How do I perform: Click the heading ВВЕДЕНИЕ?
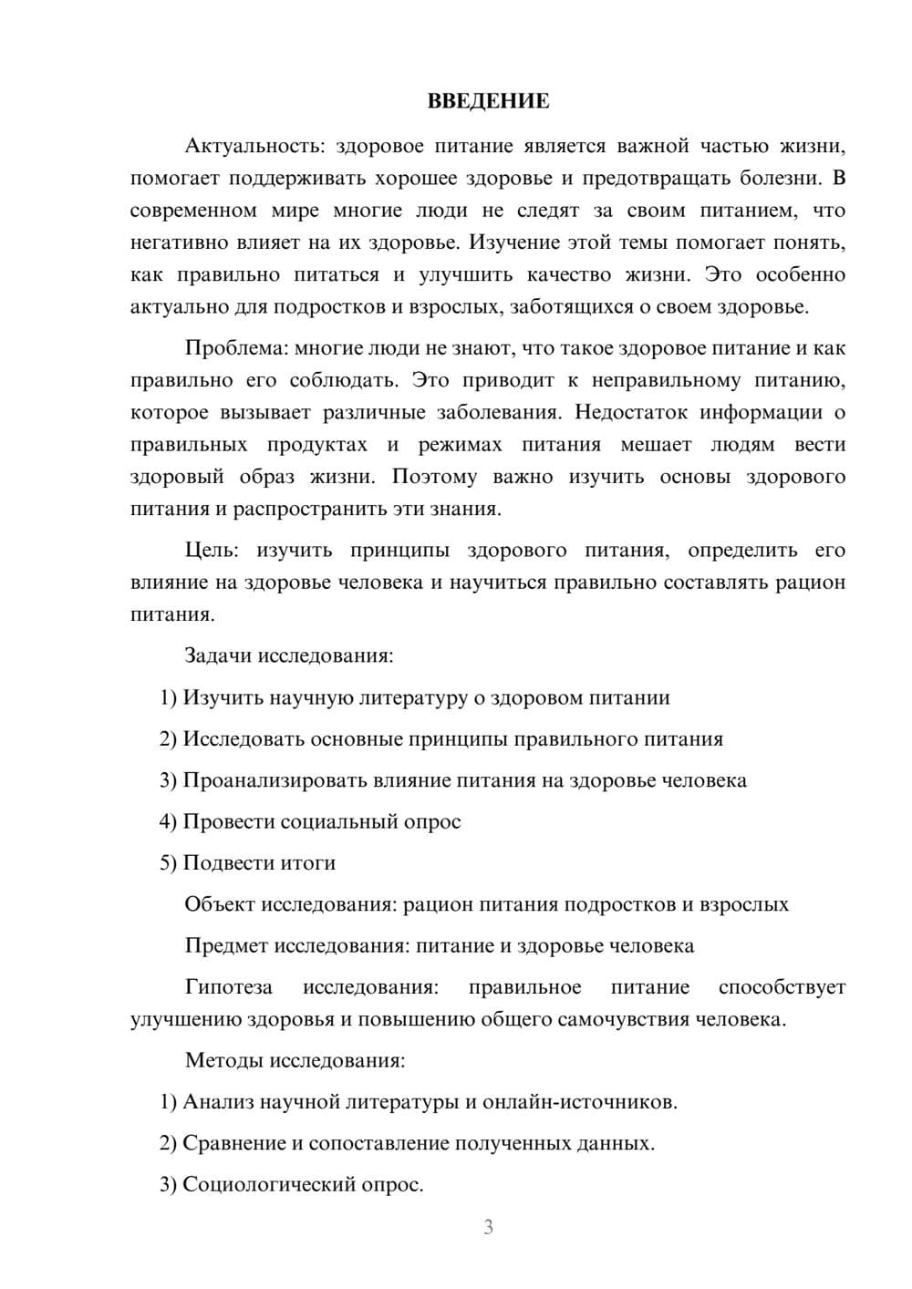(x=488, y=101)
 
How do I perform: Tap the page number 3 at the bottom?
(x=488, y=1227)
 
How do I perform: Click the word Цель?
(x=212, y=551)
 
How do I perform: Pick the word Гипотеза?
(x=228, y=987)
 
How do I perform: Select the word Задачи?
(x=218, y=655)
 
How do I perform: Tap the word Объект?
(x=220, y=904)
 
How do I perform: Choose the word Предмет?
(x=224, y=945)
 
